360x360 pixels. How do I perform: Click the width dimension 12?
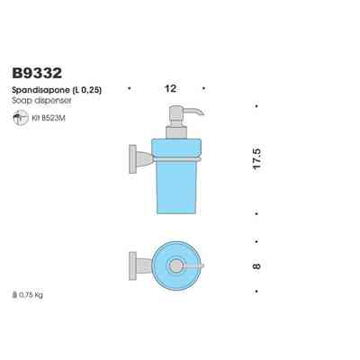[168, 88]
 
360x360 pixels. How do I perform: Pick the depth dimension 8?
[256, 266]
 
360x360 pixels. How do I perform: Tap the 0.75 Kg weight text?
[31, 293]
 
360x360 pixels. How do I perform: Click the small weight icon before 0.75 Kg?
[15, 293]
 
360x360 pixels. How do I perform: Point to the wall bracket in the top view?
[132, 266]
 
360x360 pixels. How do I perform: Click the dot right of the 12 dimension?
[206, 88]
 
